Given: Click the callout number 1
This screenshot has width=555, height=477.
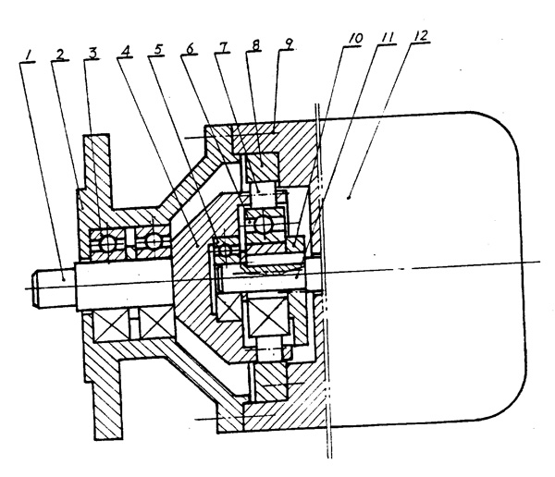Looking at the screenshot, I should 31,57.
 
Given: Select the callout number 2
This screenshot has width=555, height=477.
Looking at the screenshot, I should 61,55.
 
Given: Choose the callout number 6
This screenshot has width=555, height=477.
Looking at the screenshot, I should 193,48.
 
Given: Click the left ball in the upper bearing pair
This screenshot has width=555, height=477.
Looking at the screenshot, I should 110,242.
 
